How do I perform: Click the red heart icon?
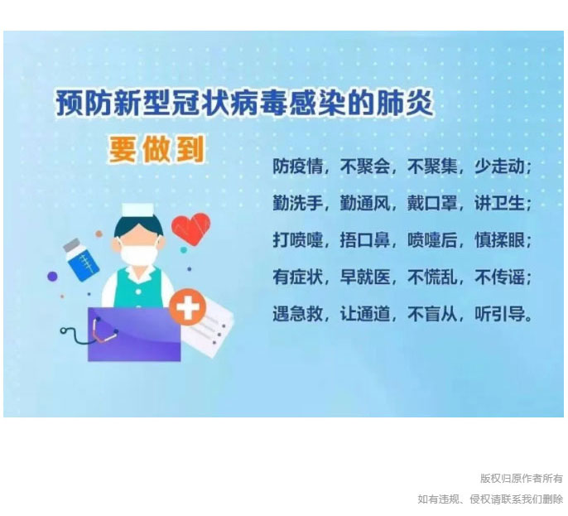point(190,229)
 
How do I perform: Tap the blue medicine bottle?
point(81,259)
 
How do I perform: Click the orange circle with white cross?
point(188,307)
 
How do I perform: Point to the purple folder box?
point(134,334)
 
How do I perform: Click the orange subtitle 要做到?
point(156,149)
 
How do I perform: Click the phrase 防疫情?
point(297,166)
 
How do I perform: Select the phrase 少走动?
point(499,166)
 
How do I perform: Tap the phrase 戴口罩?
point(432,203)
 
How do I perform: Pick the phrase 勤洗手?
point(297,203)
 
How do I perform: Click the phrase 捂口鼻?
point(365,240)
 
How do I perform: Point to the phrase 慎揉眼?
point(499,240)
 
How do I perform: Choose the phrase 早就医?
point(365,277)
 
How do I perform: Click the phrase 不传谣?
point(499,277)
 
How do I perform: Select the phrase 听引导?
point(499,313)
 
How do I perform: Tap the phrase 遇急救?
point(297,313)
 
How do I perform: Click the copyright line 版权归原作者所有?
point(522,479)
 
